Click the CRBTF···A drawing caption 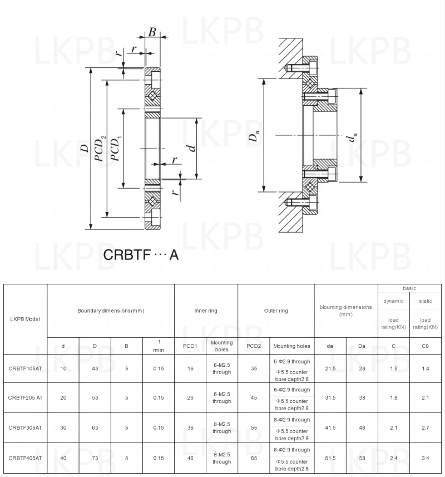[141, 255]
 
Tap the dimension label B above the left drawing [152, 32]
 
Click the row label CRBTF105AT [25, 368]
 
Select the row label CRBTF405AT [25, 458]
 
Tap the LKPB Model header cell [25, 319]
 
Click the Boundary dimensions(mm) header [111, 311]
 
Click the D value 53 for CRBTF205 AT [95, 398]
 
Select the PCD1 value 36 [190, 428]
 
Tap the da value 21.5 [330, 368]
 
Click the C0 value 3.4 [425, 458]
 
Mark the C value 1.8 [393, 398]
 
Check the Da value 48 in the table [362, 428]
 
